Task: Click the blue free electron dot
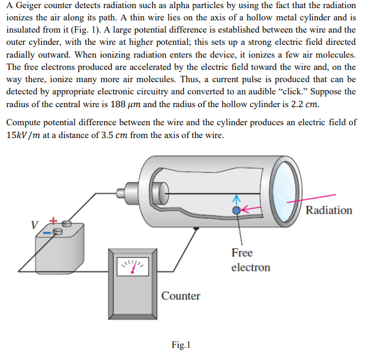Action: [236, 210]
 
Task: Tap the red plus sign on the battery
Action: [54, 221]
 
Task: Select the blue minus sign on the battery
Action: [47, 232]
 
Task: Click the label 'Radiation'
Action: [329, 210]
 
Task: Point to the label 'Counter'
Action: [181, 296]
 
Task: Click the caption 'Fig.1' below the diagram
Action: [181, 345]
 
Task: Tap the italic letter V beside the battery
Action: [34, 225]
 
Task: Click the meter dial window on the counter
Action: [133, 266]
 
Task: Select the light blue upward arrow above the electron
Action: [236, 200]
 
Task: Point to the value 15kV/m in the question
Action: [23, 135]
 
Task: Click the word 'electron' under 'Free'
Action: [250, 267]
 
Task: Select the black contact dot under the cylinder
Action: [196, 228]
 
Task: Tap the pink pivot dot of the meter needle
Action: [132, 272]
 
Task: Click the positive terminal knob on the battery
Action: [67, 224]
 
